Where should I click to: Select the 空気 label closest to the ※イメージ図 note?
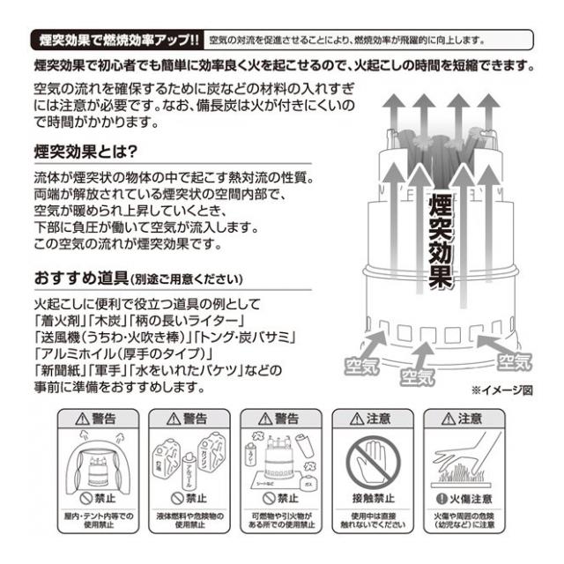click(516, 361)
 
